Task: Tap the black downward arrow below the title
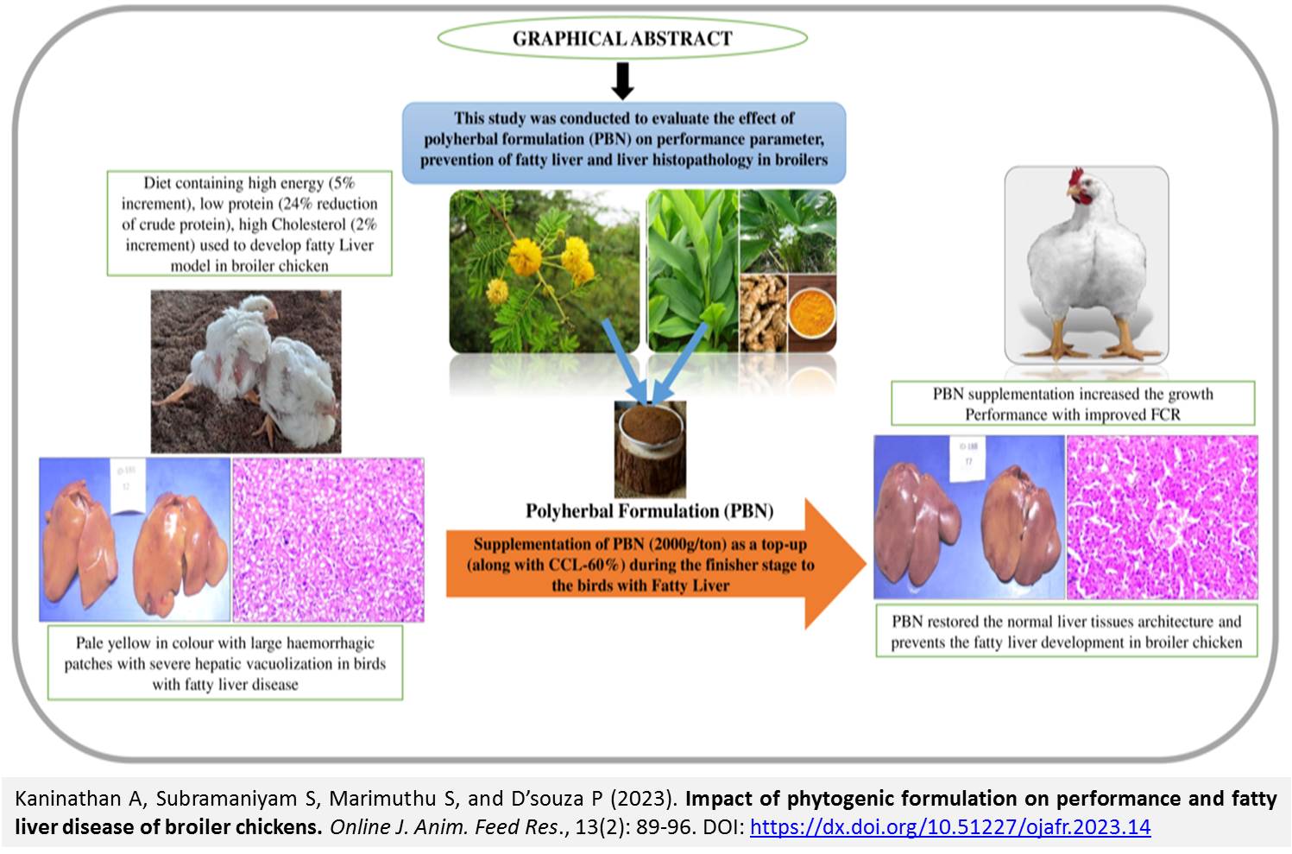pos(622,81)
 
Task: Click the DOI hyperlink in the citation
pos(950,827)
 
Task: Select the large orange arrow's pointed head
pos(835,563)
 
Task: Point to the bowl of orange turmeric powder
pos(811,313)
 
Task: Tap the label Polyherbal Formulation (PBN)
pos(650,510)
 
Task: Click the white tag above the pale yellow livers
pos(128,485)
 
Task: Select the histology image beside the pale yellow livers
pos(328,540)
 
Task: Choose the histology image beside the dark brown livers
pos(1163,517)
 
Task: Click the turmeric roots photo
pos(763,313)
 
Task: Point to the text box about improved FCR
pos(1073,403)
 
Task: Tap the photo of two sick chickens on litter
pos(246,371)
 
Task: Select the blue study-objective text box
pos(624,142)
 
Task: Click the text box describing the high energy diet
pos(249,224)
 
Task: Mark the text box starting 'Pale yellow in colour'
pos(225,663)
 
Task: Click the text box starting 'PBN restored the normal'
pos(1067,631)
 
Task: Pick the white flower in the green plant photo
pos(788,233)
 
